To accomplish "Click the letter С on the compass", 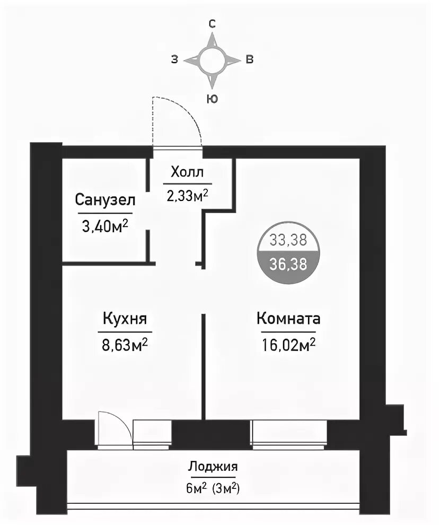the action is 212,24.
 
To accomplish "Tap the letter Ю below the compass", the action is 212,99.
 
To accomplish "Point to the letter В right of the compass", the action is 250,59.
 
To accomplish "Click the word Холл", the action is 187,172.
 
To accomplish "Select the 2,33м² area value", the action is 188,195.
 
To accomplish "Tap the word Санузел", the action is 105,200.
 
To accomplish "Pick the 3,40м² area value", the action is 105,226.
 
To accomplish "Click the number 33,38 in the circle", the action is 288,240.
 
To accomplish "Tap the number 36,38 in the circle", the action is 288,264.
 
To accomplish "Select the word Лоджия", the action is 213,466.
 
